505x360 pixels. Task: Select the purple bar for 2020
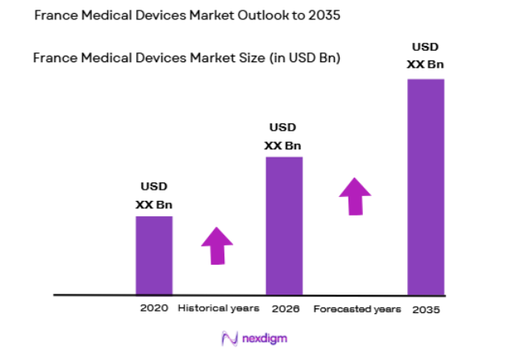pyautogui.click(x=153, y=255)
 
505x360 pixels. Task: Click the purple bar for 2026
pyautogui.click(x=284, y=226)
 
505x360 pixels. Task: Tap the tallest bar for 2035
pyautogui.click(x=426, y=186)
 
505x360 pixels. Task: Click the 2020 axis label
pyautogui.click(x=153, y=308)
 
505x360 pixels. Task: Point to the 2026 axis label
pyautogui.click(x=284, y=308)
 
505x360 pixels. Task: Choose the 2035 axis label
pyautogui.click(x=426, y=310)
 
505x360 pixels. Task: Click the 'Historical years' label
pyautogui.click(x=218, y=308)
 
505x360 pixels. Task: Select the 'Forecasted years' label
pyautogui.click(x=357, y=309)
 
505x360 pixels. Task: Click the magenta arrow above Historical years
pyautogui.click(x=216, y=245)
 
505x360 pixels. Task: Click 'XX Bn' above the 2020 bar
pyautogui.click(x=153, y=205)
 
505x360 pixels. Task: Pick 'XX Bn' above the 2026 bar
pyautogui.click(x=283, y=145)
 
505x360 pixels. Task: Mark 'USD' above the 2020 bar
pyautogui.click(x=152, y=187)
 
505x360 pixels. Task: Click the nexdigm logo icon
pyautogui.click(x=228, y=338)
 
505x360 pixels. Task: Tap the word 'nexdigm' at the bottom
pyautogui.click(x=263, y=338)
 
